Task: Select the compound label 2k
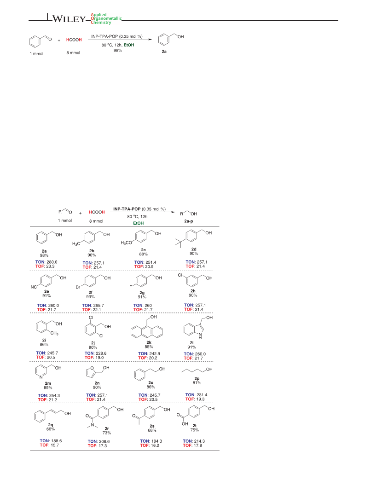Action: click(x=149, y=342)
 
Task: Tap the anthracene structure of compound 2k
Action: click(x=147, y=331)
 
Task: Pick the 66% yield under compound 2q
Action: click(x=51, y=429)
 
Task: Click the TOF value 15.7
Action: click(x=54, y=445)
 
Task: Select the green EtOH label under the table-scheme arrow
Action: click(x=139, y=223)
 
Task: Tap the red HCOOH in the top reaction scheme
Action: click(x=74, y=40)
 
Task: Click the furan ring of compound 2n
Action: click(x=90, y=372)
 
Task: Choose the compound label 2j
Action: click(x=93, y=343)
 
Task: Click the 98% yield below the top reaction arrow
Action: click(x=118, y=50)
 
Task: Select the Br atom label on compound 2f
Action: click(x=78, y=287)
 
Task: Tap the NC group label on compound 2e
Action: click(x=34, y=287)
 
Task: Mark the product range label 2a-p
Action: click(x=189, y=221)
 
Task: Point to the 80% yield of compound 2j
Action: click(x=93, y=347)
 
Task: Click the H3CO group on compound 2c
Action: click(x=126, y=243)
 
